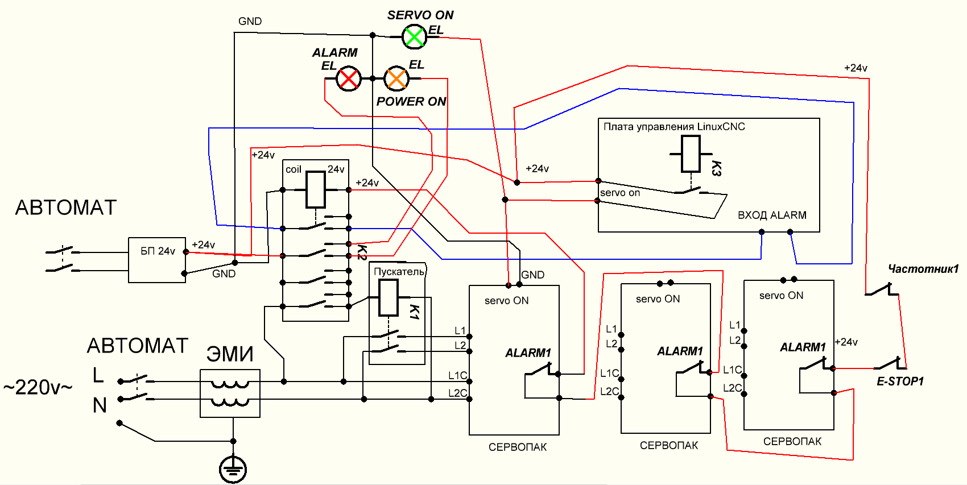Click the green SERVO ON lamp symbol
(414, 37)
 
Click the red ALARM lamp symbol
(348, 78)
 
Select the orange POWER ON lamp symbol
(396, 78)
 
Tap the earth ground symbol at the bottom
(233, 469)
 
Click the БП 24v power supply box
(157, 260)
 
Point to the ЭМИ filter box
(230, 393)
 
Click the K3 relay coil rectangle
(691, 154)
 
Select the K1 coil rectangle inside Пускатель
(389, 297)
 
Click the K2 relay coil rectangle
(316, 189)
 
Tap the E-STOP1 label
(900, 382)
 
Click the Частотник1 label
(923, 269)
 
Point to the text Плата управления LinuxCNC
(674, 127)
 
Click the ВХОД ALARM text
(772, 215)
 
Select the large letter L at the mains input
(98, 375)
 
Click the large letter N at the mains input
(100, 405)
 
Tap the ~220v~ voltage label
(38, 388)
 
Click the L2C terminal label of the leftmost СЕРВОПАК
(457, 393)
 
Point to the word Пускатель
(399, 272)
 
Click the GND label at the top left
(250, 22)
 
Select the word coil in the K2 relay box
(293, 169)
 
